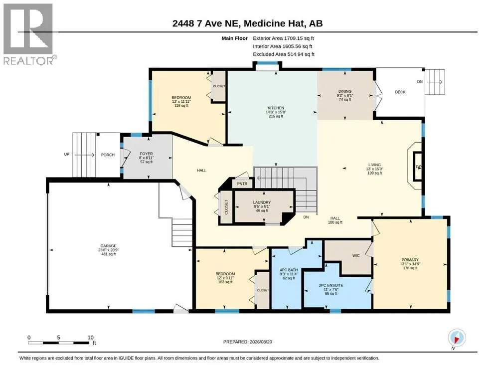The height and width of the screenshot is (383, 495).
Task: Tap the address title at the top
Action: (247, 23)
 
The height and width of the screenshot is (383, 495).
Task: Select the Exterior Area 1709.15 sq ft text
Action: (283, 38)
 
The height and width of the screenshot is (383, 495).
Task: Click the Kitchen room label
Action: (276, 112)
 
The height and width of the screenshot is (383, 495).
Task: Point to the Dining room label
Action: (345, 95)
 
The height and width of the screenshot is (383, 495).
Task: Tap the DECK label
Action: (400, 92)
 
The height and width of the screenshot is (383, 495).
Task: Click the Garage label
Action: (108, 250)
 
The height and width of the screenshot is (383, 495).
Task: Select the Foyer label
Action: (146, 158)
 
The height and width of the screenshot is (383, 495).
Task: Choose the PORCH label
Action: (108, 155)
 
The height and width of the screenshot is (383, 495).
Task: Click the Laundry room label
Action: (262, 206)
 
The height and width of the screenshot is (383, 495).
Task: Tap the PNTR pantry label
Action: (242, 184)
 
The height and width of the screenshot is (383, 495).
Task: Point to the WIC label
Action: (356, 255)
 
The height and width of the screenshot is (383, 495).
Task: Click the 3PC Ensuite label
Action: (330, 289)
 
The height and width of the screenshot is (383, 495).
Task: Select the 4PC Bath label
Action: (289, 274)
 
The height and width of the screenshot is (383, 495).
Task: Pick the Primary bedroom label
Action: (410, 264)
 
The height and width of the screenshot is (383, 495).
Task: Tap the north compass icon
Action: (457, 338)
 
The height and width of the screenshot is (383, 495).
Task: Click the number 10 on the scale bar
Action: (90, 337)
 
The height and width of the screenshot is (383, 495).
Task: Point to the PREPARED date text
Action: (247, 342)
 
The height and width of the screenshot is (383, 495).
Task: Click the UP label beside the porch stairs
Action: (67, 154)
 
